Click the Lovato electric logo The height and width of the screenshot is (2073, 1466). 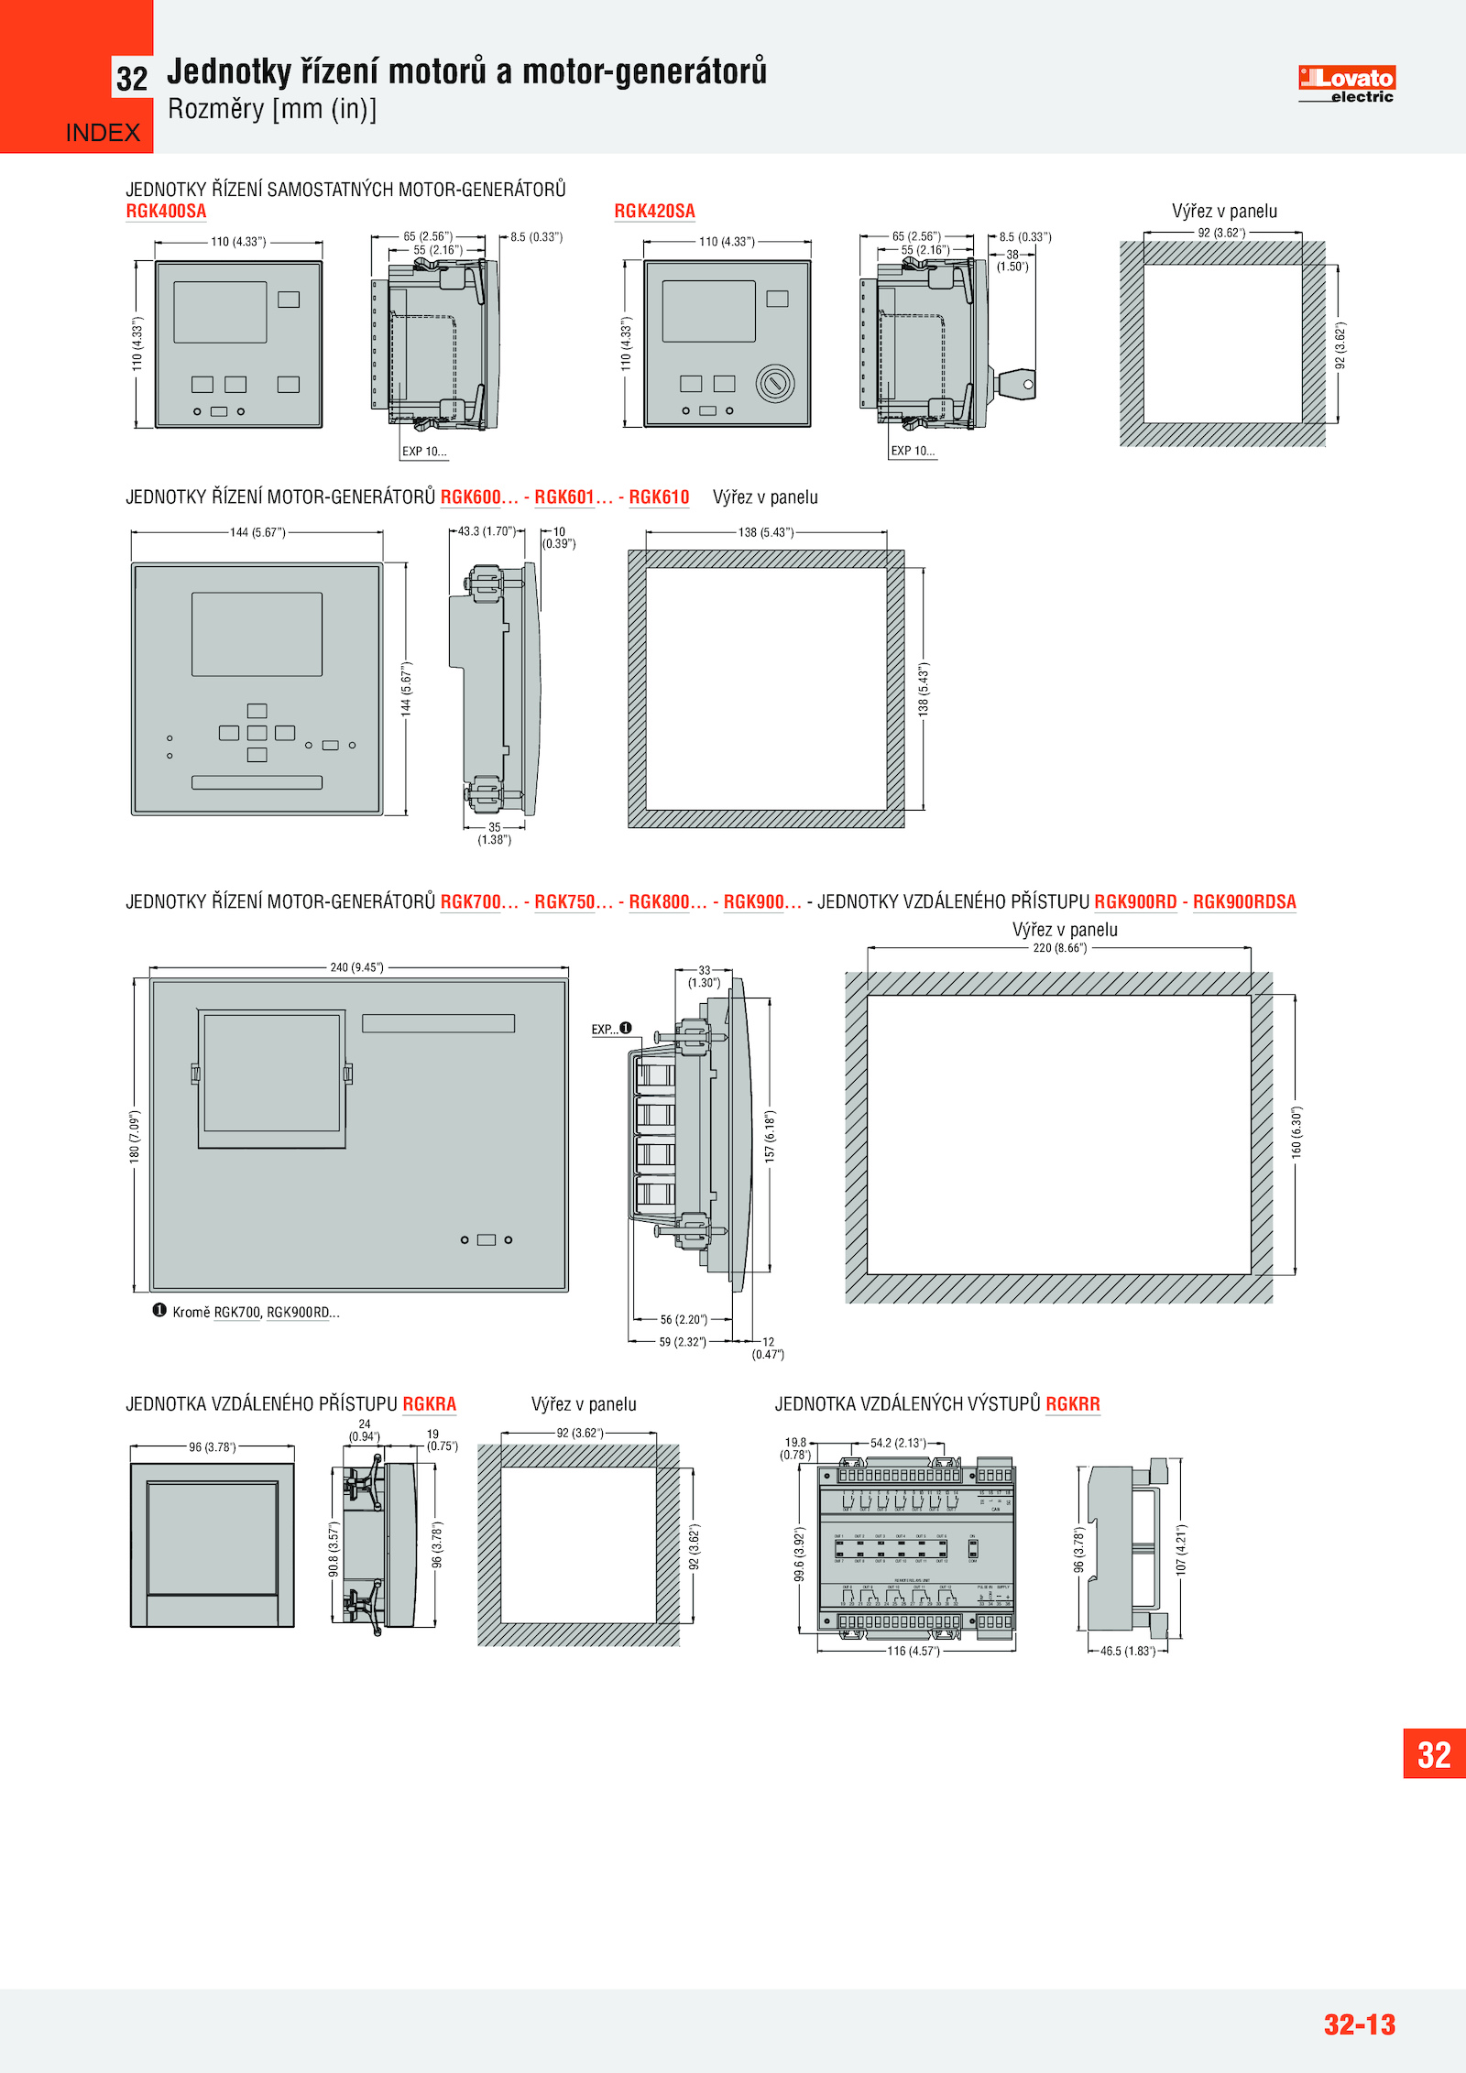click(x=1346, y=84)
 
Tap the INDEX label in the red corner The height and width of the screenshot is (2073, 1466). click(x=103, y=134)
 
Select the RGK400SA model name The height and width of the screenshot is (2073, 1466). click(x=166, y=212)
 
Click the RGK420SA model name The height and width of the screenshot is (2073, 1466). click(x=654, y=212)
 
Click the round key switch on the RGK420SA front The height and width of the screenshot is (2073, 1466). click(x=775, y=383)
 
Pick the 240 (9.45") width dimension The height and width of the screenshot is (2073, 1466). click(x=357, y=967)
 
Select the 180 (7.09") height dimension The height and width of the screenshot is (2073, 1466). click(x=135, y=1136)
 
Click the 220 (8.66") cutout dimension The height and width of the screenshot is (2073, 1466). click(x=1060, y=948)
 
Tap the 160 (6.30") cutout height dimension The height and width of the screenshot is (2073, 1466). click(x=1296, y=1132)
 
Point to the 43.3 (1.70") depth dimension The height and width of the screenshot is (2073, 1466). click(x=487, y=531)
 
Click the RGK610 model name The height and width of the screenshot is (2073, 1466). click(x=659, y=497)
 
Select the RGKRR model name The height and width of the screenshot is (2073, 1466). click(x=1072, y=1404)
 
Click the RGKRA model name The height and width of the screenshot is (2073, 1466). click(x=429, y=1404)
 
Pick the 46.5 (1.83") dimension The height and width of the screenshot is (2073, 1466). click(x=1128, y=1651)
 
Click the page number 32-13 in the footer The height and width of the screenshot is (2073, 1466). click(x=1359, y=2024)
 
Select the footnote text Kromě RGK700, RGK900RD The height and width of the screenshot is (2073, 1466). click(x=256, y=1312)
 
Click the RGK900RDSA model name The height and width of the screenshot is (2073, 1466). click(x=1244, y=902)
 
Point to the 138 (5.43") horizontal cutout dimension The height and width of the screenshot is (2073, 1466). click(x=766, y=532)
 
